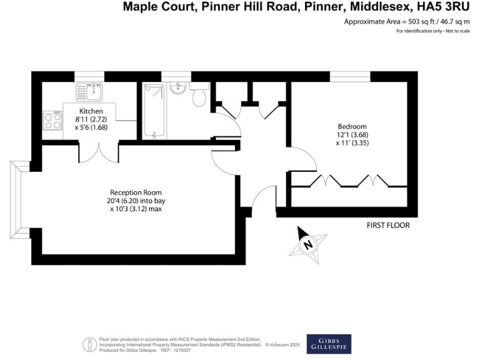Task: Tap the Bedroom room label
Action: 353,127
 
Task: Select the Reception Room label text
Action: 136,192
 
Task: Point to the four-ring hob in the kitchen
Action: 52,119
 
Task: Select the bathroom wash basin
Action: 176,89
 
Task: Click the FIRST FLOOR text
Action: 388,226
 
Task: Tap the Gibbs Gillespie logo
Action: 328,344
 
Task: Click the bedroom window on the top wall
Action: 348,76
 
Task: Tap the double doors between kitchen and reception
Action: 99,152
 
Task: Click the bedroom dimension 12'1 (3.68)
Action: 353,136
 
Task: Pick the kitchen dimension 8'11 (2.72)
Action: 91,119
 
